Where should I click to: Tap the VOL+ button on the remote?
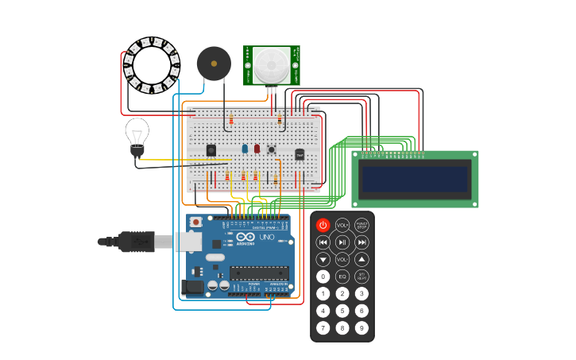pos(342,225)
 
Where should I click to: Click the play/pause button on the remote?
pos(342,242)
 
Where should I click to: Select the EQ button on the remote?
pos(342,277)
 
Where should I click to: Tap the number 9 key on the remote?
pos(361,327)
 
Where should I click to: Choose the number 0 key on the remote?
pos(323,277)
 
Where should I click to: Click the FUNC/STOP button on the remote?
pos(361,225)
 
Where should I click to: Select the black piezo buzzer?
pos(214,63)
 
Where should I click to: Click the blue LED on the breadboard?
pos(245,148)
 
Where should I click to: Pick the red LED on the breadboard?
pos(257,148)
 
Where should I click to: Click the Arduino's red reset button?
pos(195,222)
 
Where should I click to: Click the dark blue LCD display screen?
pos(415,179)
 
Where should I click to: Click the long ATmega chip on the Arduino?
pos(259,273)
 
